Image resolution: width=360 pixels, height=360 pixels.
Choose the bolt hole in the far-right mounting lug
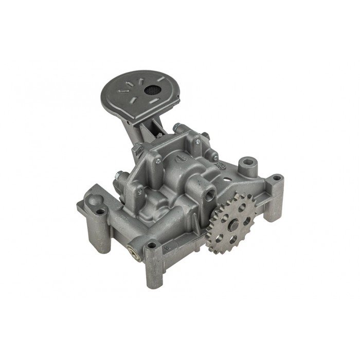pyautogui.click(x=277, y=178)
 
